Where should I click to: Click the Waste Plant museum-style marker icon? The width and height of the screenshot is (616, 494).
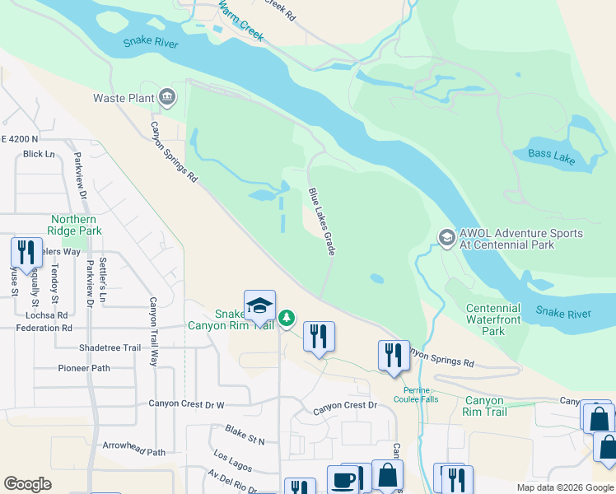tap(167, 97)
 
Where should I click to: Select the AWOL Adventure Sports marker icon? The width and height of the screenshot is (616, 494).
tap(446, 238)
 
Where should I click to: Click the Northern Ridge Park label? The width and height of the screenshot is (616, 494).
tap(76, 225)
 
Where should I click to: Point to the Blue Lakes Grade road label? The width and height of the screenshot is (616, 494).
tap(321, 221)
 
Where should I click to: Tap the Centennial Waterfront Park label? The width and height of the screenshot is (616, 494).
tap(493, 319)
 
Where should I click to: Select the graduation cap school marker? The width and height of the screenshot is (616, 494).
tap(259, 305)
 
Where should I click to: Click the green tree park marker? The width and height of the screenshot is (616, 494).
tap(287, 318)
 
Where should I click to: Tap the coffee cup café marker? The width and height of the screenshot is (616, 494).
tap(343, 481)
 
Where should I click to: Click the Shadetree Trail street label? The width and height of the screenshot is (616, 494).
tap(110, 348)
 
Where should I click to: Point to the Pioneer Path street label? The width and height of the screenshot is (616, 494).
tap(83, 368)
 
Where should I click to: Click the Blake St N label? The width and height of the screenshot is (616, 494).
tap(245, 435)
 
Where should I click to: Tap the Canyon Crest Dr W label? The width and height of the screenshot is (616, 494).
tap(186, 404)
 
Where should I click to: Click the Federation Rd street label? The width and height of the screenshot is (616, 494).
tap(44, 328)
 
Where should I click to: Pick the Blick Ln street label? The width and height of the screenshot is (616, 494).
tap(39, 154)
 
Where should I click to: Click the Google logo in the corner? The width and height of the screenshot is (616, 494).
tap(27, 484)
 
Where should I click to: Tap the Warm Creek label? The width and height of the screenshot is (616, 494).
tap(241, 22)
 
